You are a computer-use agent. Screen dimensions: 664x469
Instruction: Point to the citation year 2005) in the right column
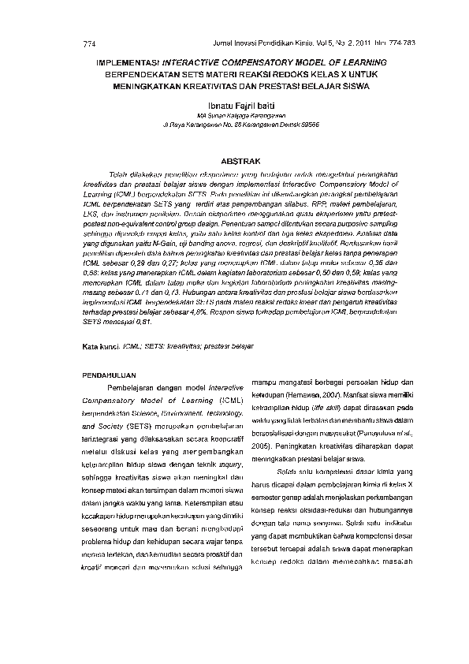265,446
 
